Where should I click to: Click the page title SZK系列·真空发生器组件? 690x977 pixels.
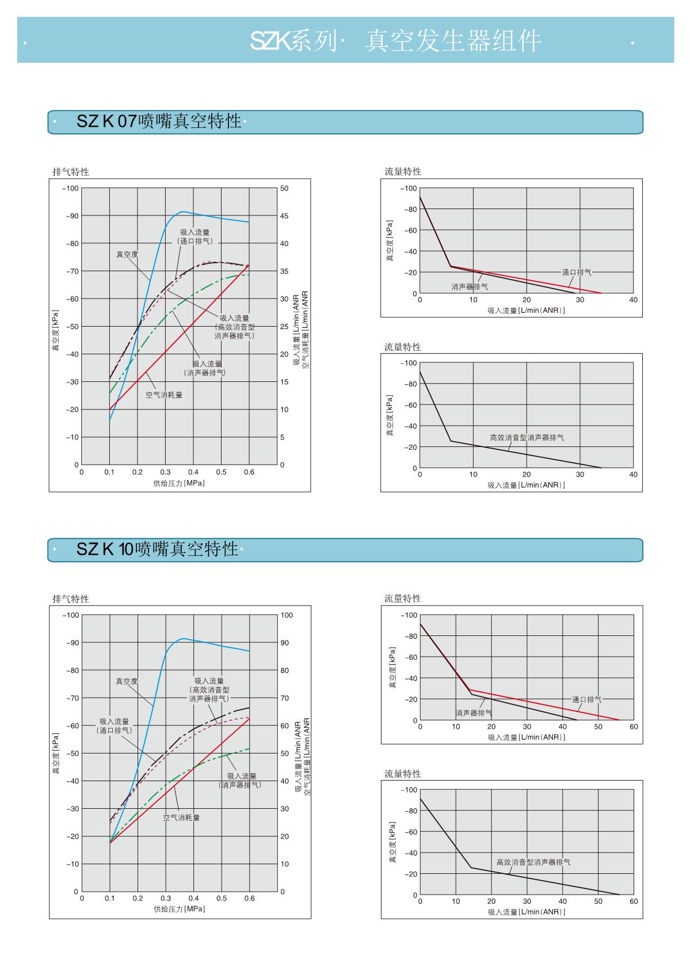pos(395,41)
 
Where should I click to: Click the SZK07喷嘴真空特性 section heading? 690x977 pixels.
pos(159,122)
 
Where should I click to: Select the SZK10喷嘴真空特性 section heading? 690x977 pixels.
pos(157,549)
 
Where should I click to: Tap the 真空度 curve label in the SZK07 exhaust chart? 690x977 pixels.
pos(127,254)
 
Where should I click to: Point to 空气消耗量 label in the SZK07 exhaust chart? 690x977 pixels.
pos(164,395)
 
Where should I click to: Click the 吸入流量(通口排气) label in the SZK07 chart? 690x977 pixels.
pos(195,237)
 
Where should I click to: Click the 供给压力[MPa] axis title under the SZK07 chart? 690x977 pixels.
pos(179,483)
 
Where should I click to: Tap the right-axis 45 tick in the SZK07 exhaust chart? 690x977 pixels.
pos(284,216)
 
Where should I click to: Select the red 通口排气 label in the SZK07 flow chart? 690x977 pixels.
pos(577,272)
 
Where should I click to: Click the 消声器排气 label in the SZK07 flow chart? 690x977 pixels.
pos(470,286)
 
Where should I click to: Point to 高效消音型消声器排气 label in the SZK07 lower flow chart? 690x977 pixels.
pos(527,438)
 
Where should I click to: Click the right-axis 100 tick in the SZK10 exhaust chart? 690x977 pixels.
pos(287,615)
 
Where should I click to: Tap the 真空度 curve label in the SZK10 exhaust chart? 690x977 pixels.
pos(127,681)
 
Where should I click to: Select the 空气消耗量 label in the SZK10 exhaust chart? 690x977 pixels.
pos(181,817)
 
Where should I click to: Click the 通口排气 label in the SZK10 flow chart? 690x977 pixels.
pos(586,699)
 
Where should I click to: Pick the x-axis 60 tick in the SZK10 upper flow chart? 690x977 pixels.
pos(634,727)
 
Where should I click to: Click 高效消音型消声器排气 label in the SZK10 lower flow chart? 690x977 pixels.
pos(533,862)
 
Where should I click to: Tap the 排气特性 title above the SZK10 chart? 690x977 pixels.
pos(71,599)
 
